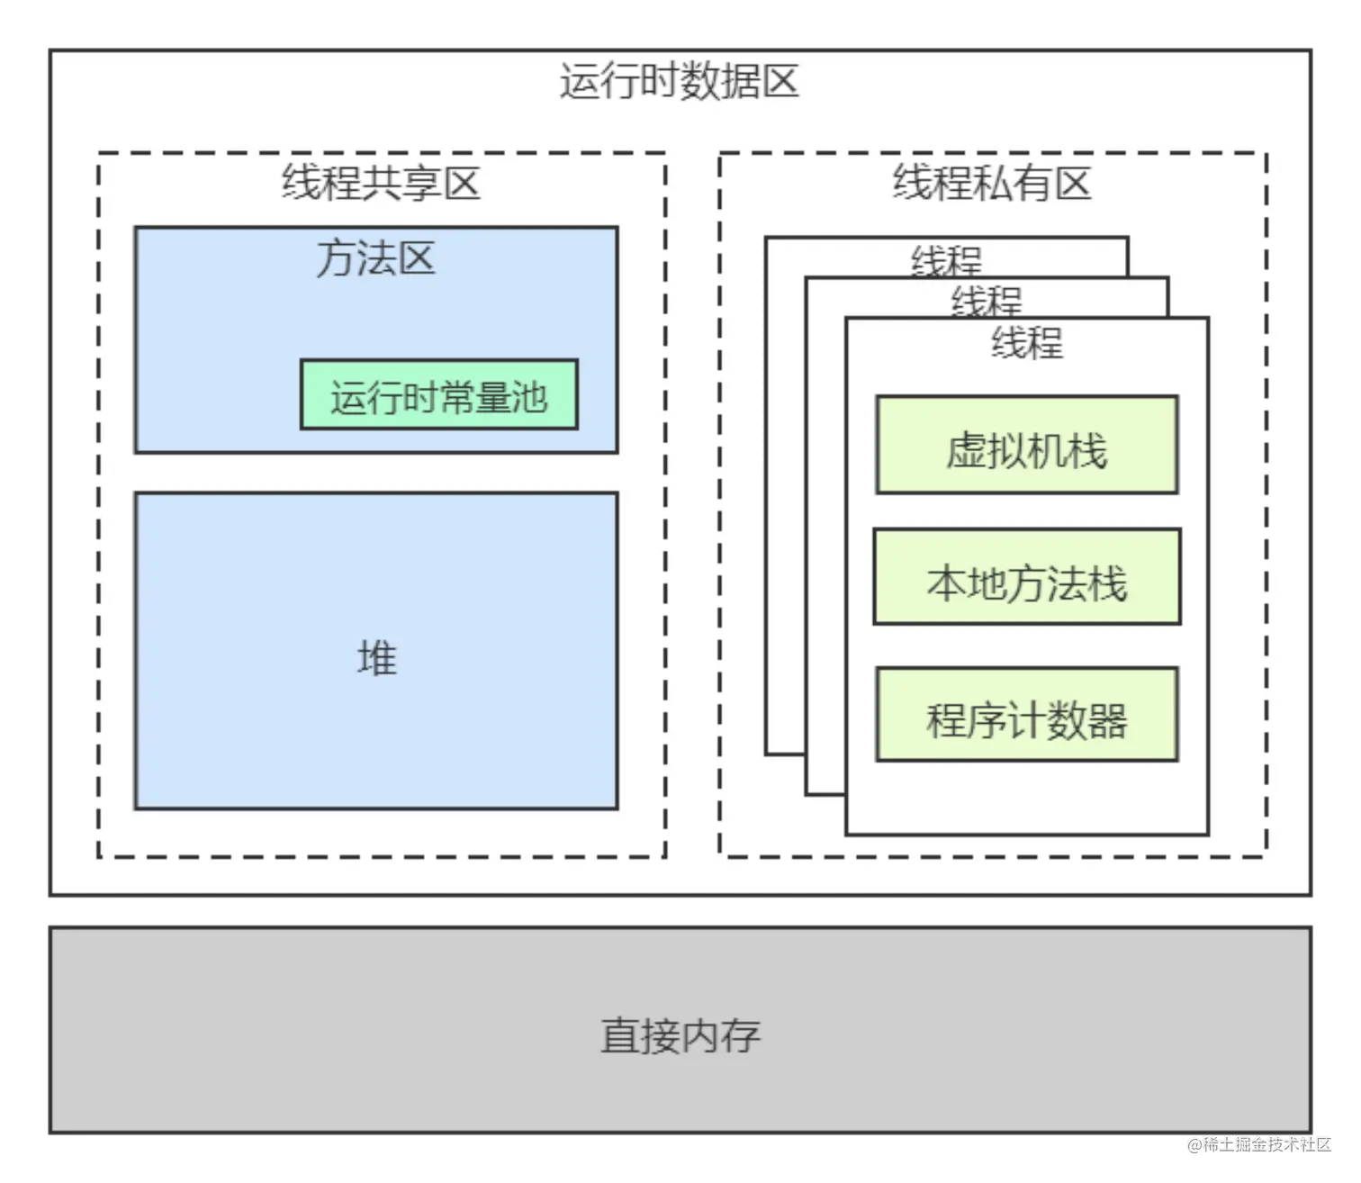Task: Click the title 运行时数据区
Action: [679, 82]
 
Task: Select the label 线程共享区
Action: [381, 184]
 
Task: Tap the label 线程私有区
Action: [992, 184]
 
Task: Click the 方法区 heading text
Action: [375, 259]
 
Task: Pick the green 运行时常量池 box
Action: [438, 395]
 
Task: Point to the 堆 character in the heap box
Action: [376, 658]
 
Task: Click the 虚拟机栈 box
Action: [1026, 446]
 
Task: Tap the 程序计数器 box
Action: [1026, 716]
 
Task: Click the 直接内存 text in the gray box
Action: [680, 1035]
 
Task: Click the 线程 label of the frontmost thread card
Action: [1027, 343]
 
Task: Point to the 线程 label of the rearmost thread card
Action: [946, 259]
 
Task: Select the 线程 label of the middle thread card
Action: [987, 300]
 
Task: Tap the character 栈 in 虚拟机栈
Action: [1087, 451]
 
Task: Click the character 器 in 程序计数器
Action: [1107, 721]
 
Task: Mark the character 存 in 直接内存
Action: [740, 1035]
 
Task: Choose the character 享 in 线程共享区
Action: [421, 184]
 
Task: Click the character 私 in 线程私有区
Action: [992, 184]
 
